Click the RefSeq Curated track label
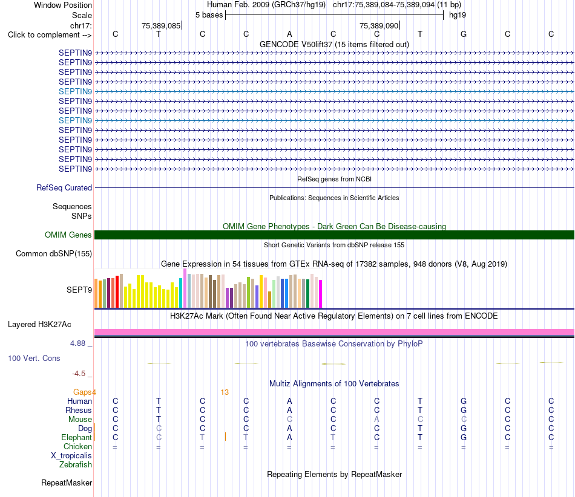point(64,187)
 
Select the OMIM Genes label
point(68,235)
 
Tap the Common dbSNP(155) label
point(54,253)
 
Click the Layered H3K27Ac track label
point(39,325)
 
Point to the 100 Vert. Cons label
point(34,358)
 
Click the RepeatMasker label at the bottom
point(67,482)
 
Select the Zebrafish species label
point(76,464)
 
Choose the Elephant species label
point(76,437)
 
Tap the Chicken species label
point(77,446)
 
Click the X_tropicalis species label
point(71,456)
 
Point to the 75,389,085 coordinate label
point(161,25)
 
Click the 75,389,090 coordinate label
point(379,25)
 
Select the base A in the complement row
point(289,34)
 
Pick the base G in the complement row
point(464,34)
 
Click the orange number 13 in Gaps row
point(225,392)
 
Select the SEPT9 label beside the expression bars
point(79,290)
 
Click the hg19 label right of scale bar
point(458,15)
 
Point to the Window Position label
point(63,5)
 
